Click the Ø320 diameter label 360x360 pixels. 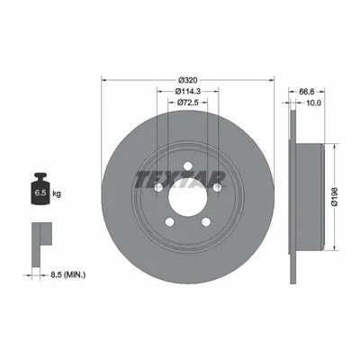pyautogui.click(x=187, y=80)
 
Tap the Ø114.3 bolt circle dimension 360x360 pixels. pyautogui.click(x=188, y=91)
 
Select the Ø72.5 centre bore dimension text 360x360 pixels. pyautogui.click(x=188, y=103)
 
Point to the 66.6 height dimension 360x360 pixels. pyautogui.click(x=307, y=91)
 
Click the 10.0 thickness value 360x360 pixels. pyautogui.click(x=314, y=103)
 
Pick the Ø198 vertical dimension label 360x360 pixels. pyautogui.click(x=335, y=197)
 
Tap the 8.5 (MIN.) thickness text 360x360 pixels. pyautogui.click(x=67, y=274)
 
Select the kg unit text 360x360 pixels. pyautogui.click(x=57, y=193)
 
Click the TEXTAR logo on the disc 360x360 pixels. pyautogui.click(x=180, y=179)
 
